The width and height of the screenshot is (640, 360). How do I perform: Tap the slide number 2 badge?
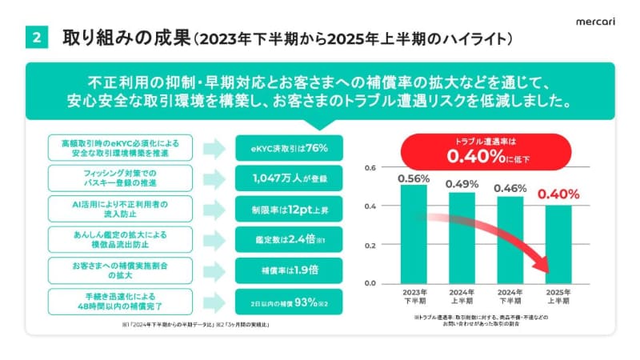(x=37, y=38)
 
